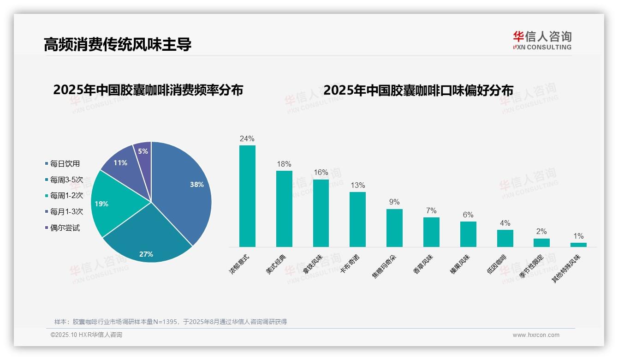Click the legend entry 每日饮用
[x=65, y=163]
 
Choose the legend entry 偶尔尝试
[x=65, y=228]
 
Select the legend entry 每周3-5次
[x=66, y=180]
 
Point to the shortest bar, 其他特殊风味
[x=578, y=245]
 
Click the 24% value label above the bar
[x=247, y=138]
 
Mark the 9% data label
[x=394, y=202]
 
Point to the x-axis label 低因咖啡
[x=497, y=264]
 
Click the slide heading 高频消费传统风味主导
[x=118, y=44]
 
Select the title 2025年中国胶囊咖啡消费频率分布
[x=148, y=90]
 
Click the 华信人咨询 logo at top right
[x=542, y=40]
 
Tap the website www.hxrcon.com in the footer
[x=536, y=335]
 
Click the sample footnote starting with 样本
[x=171, y=322]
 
